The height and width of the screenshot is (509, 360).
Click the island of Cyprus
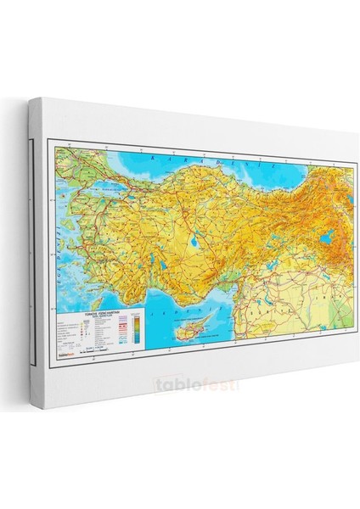pos(188,328)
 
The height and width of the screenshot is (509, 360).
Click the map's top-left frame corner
pos(52,146)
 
